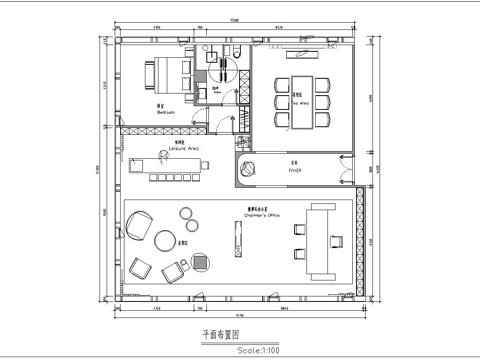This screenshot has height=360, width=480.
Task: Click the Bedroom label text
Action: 166,113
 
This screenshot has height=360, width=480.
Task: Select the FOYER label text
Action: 295,171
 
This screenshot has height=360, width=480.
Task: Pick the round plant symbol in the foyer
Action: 251,169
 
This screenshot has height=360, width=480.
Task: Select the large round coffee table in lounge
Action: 165,241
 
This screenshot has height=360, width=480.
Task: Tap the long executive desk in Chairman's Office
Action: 320,237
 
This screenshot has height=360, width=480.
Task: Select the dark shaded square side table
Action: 202,262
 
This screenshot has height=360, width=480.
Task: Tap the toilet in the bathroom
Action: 241,55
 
